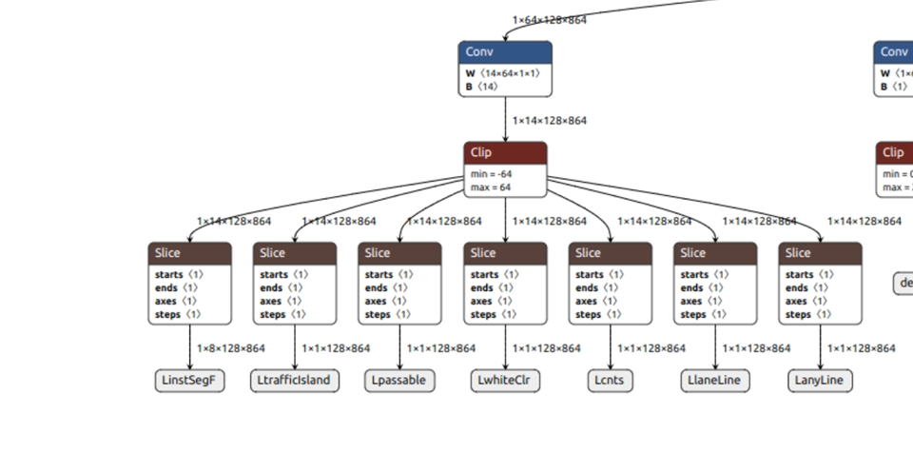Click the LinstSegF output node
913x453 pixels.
[x=190, y=381]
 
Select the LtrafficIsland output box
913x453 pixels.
[x=295, y=381]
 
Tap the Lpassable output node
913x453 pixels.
[x=400, y=381]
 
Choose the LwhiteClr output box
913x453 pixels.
[x=506, y=381]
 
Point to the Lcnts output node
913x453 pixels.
[x=611, y=381]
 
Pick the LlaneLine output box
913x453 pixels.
[x=715, y=381]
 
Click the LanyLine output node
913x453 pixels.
[x=820, y=381]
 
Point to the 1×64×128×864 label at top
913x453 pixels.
[x=549, y=20]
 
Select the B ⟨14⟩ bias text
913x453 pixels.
[x=482, y=87]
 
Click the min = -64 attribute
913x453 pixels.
[x=491, y=174]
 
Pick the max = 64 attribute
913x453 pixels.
[x=490, y=187]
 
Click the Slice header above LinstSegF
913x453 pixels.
[x=190, y=253]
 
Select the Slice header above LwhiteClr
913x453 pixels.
[x=506, y=253]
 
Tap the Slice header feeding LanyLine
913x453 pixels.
[x=820, y=253]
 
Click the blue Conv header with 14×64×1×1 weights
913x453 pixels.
[x=505, y=51]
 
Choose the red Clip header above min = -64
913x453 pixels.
[x=506, y=152]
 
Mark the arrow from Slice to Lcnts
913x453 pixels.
[x=611, y=347]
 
